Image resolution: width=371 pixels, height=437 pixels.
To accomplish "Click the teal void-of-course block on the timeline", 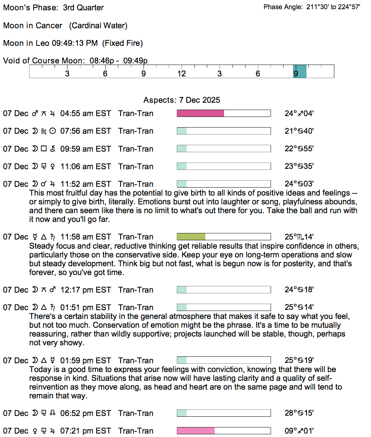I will click(300, 71).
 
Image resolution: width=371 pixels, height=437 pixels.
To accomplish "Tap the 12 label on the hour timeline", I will click(181, 74).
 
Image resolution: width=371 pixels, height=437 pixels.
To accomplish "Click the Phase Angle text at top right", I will click(312, 7).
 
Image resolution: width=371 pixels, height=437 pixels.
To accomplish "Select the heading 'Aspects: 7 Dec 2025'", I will click(182, 100).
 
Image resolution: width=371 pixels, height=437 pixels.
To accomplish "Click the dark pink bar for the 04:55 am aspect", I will click(200, 113).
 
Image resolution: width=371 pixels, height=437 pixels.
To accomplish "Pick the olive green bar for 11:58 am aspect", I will click(191, 237).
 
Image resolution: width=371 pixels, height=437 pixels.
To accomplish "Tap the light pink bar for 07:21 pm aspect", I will click(196, 431).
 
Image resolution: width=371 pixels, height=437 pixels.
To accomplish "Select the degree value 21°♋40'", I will click(299, 131).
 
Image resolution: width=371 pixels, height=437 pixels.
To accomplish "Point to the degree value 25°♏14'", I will click(299, 237).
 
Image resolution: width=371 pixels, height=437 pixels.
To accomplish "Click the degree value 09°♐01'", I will click(299, 431).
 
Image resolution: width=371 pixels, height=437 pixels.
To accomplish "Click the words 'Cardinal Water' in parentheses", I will click(98, 26).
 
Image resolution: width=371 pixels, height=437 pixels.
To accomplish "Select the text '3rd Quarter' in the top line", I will click(83, 8).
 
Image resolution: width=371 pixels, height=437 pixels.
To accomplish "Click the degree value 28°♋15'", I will click(299, 413).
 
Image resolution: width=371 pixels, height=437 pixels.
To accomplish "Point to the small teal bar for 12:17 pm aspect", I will click(182, 290).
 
